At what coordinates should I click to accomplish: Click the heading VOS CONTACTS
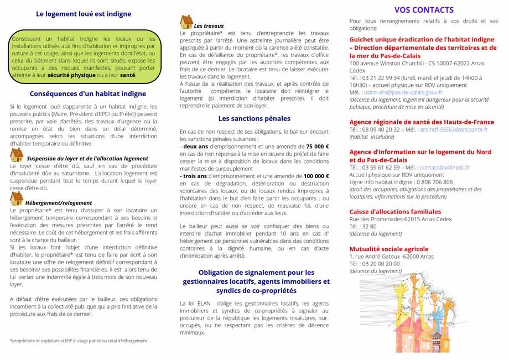(x=423, y=10)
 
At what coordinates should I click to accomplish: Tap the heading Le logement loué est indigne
(x=84, y=14)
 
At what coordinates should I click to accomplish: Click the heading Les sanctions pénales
(x=254, y=118)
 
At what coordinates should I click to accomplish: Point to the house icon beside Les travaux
(x=186, y=22)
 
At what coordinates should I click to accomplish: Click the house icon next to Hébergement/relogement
(x=17, y=198)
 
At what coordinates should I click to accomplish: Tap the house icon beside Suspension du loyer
(x=17, y=154)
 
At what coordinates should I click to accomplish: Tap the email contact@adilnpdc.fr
(x=445, y=167)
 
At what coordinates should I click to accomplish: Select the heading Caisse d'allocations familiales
(x=395, y=211)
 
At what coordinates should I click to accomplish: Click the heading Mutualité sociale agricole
(x=389, y=249)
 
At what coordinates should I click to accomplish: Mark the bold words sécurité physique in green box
(x=71, y=74)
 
